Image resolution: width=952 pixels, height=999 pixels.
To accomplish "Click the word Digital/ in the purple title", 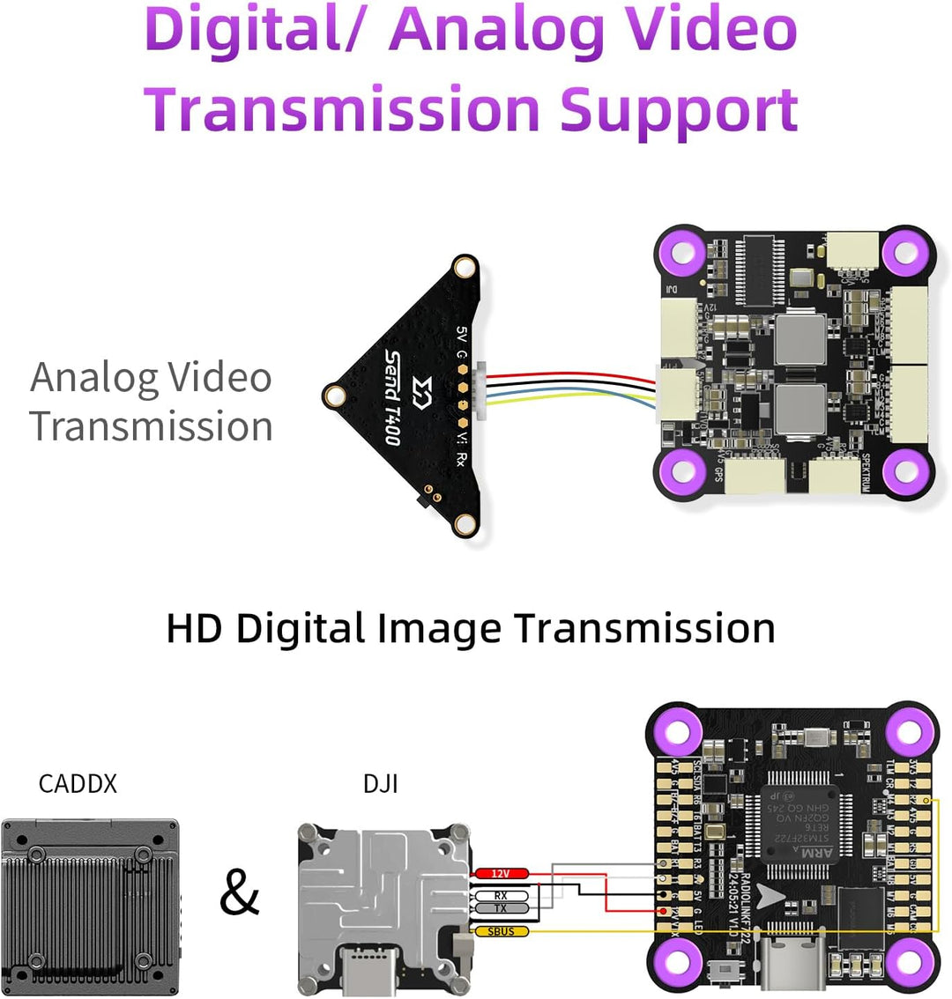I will click(x=256, y=32).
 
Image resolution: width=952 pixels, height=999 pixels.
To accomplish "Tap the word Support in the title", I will click(x=679, y=111).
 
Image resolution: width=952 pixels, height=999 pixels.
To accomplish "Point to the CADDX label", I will click(x=78, y=783).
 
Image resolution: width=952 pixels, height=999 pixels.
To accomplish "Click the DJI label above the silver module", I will click(x=381, y=783).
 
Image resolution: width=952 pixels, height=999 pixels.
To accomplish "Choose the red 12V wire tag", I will click(x=502, y=873).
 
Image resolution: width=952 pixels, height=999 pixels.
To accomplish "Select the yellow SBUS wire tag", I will click(x=502, y=931).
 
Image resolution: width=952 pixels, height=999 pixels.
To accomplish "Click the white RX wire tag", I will click(x=501, y=896).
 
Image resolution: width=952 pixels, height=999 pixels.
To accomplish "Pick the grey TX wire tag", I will click(x=501, y=908).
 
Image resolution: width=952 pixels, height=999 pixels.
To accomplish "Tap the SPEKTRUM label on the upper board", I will click(x=866, y=473).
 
